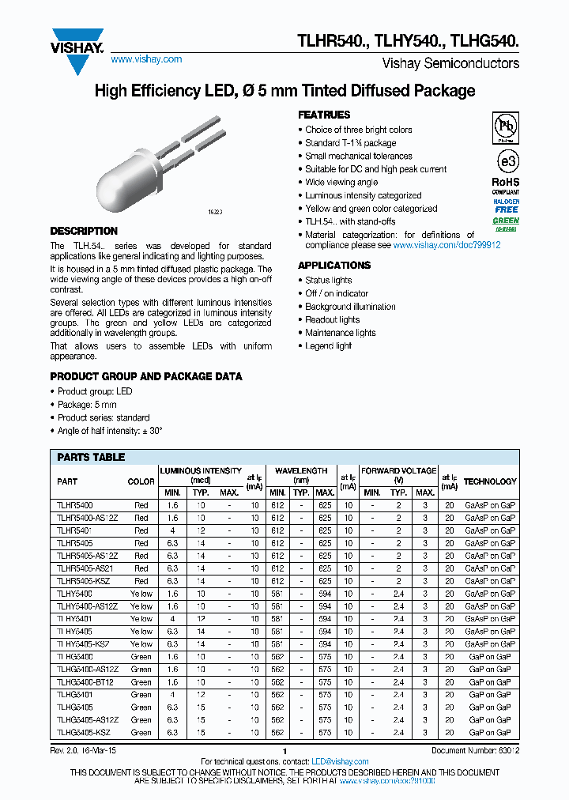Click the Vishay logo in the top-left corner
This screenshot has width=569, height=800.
point(77,45)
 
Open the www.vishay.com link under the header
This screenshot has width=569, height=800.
point(146,59)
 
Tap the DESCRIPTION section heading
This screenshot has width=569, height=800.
point(84,232)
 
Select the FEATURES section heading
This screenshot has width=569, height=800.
point(324,115)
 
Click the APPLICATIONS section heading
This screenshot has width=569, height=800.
point(334,266)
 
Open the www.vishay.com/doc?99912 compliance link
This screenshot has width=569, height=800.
point(447,246)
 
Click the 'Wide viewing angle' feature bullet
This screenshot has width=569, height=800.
point(341,183)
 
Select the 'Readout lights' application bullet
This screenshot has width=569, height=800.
point(332,320)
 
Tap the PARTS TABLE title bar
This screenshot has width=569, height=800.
point(91,458)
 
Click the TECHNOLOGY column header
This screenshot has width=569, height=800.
point(490,481)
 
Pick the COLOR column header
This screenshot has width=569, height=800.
point(141,481)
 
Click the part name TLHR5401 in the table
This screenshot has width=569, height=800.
point(75,530)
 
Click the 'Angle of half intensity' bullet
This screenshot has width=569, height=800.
point(110,431)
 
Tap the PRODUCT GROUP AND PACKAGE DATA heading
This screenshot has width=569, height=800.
point(146,376)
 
